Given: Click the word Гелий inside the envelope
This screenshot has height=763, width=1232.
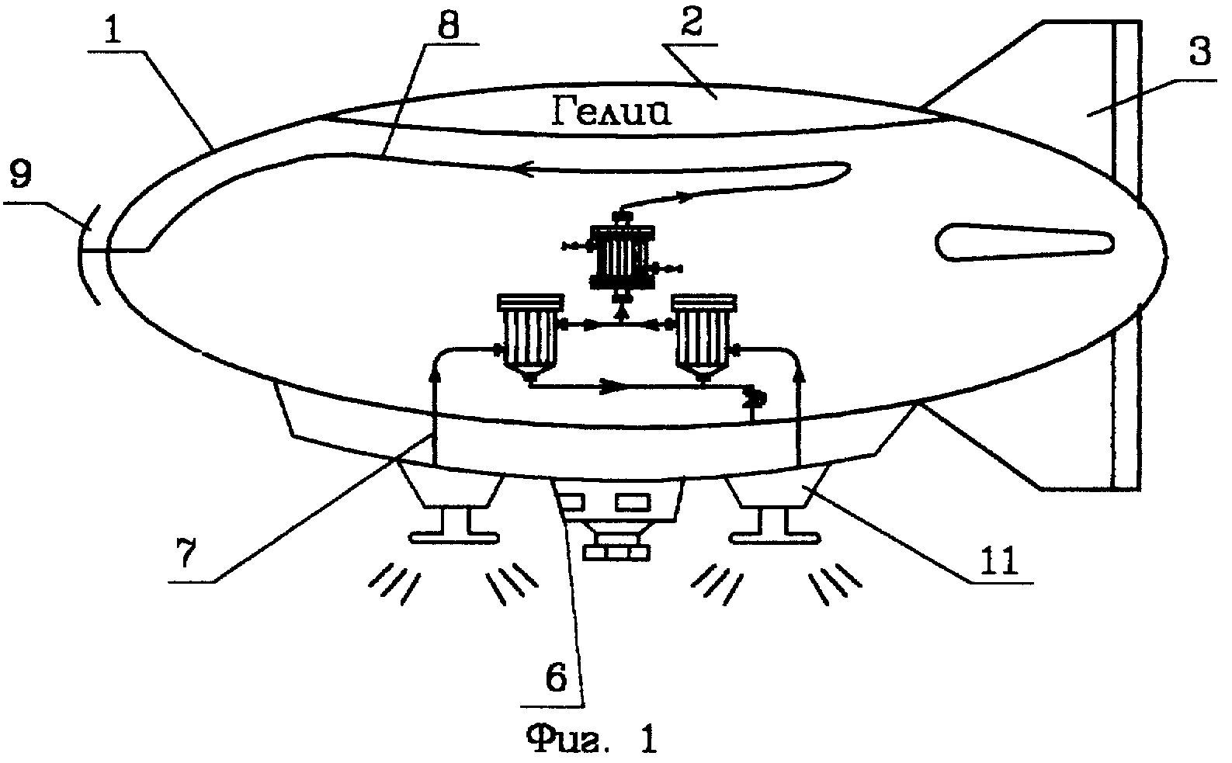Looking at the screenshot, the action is point(611,113).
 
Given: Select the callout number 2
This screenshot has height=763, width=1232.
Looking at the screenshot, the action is point(692,23).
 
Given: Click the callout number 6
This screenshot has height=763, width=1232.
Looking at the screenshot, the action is point(556,677).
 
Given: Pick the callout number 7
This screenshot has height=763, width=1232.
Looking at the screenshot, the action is point(186,553).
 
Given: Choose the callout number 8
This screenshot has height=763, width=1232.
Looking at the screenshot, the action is point(449,23).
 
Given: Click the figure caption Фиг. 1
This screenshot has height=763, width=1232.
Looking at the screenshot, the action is point(593,739).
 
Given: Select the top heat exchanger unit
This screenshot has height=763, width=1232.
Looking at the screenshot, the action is point(622,257).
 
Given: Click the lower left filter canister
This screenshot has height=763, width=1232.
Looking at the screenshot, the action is point(529,336).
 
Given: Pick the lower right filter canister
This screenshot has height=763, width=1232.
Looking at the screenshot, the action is point(704,336).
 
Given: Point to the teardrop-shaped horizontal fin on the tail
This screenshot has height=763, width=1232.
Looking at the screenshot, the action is point(1024,242).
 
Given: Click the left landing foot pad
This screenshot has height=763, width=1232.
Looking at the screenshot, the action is point(454,537).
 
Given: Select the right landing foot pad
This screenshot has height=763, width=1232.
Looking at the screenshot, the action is point(775,537).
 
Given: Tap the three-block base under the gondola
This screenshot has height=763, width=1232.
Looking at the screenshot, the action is point(616,553).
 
